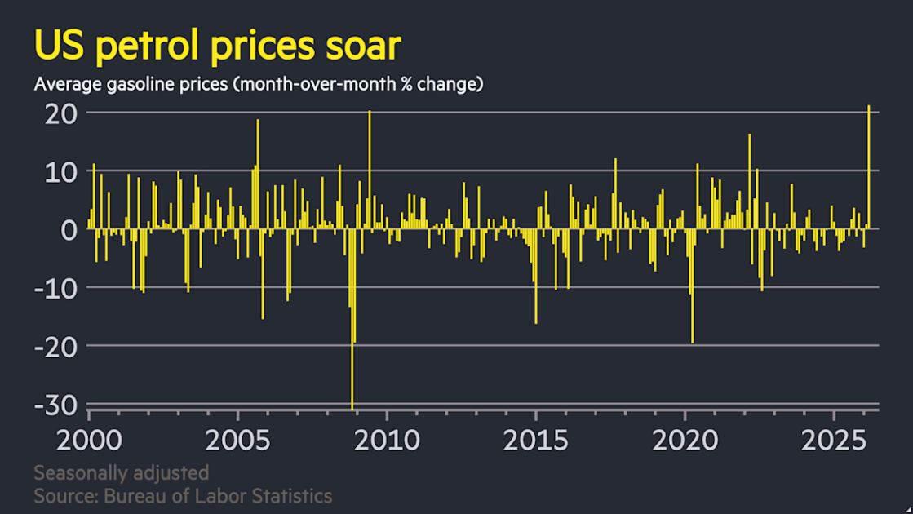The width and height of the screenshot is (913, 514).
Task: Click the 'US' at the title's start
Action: coord(60,46)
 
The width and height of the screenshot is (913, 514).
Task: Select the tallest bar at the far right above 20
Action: coord(869,163)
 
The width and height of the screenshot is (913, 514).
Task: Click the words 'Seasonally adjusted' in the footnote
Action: coord(122,473)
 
